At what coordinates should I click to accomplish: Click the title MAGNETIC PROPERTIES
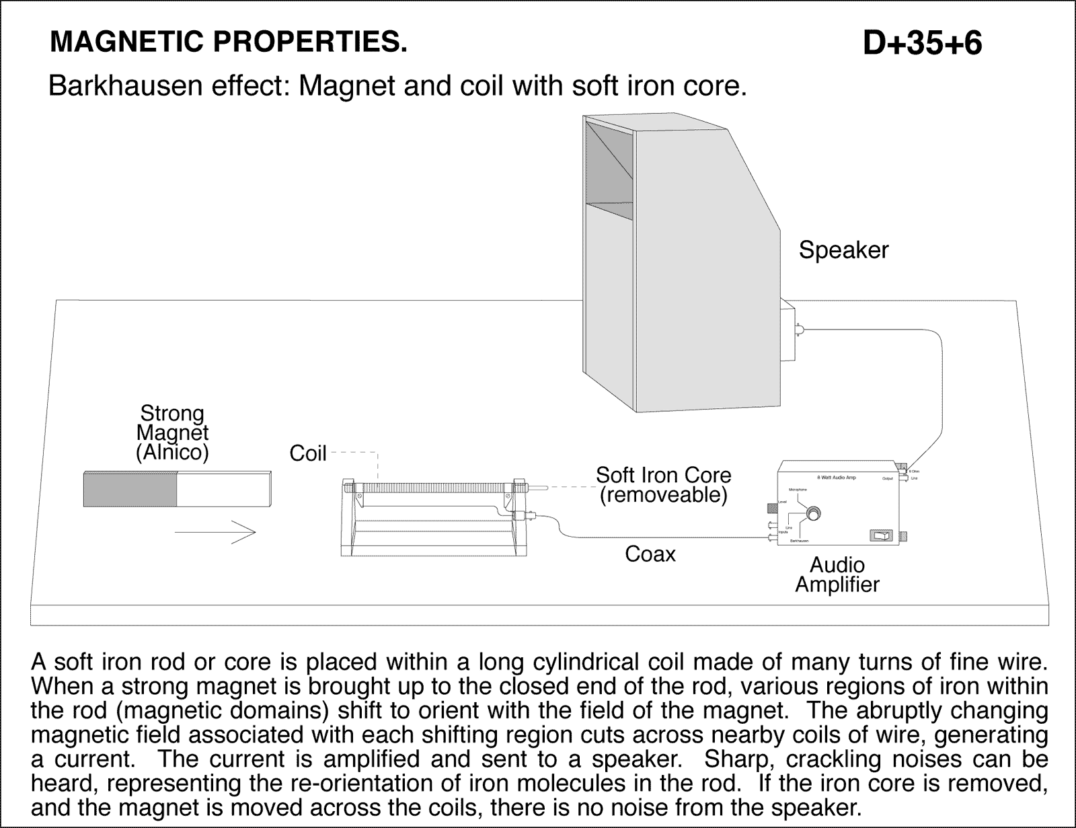click(x=229, y=43)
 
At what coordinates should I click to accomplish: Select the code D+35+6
click(x=922, y=43)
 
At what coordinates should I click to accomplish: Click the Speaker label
click(x=843, y=250)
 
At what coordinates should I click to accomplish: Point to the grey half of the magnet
click(x=129, y=489)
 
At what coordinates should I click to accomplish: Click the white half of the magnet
click(x=223, y=489)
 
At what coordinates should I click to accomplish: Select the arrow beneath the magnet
click(x=215, y=532)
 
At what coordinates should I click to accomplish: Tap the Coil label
click(x=307, y=454)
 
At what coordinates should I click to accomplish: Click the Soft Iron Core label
click(x=663, y=475)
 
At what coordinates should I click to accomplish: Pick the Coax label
click(x=650, y=554)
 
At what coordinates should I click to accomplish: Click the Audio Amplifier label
click(x=837, y=574)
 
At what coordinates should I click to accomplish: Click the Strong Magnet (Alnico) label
click(x=172, y=432)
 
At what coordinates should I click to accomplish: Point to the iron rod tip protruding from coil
click(x=538, y=486)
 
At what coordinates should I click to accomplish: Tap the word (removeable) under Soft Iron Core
click(x=663, y=496)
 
